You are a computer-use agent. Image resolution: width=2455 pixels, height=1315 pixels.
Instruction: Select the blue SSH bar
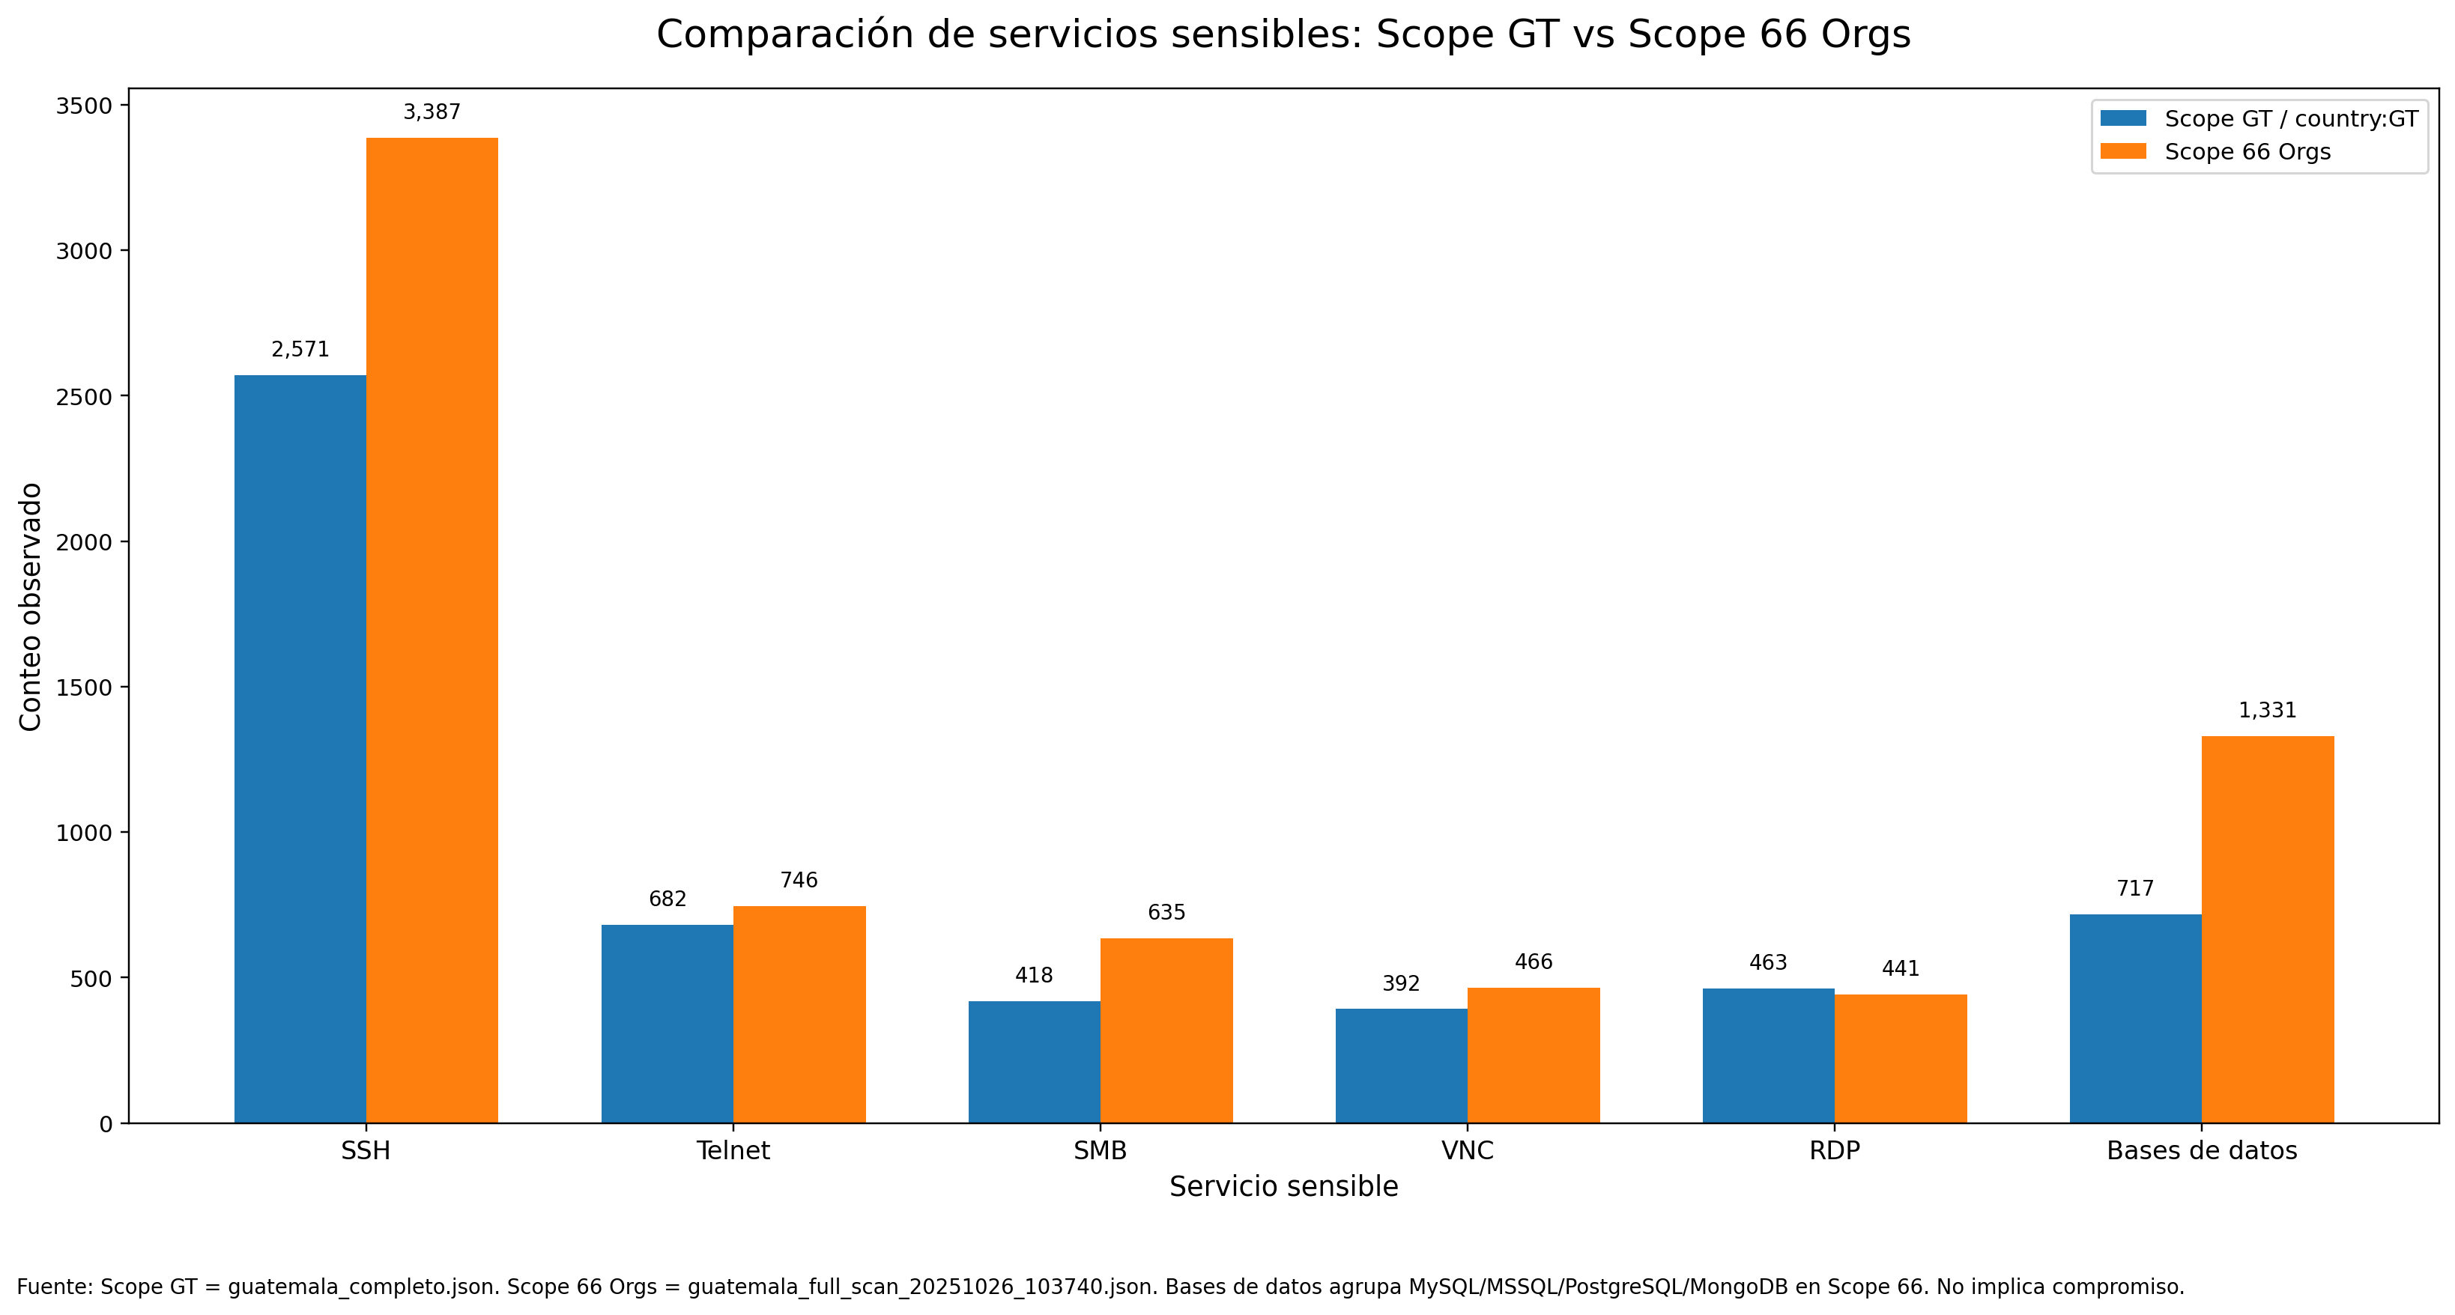[x=300, y=748]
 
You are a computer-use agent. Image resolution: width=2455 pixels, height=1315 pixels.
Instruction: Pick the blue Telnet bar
[x=667, y=1024]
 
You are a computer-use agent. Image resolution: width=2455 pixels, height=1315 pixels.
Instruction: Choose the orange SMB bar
[x=1166, y=1030]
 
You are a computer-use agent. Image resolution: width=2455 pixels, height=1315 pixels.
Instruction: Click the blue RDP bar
[x=1768, y=1055]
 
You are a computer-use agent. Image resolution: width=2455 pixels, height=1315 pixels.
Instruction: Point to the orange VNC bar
[x=1534, y=1055]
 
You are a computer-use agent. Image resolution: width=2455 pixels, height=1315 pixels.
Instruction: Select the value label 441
[x=1901, y=969]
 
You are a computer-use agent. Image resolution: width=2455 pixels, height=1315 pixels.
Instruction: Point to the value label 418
[x=1034, y=976]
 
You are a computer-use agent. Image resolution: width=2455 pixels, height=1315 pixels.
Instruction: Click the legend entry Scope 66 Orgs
[x=2246, y=153]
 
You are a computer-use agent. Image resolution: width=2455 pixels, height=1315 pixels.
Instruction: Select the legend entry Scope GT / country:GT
[x=2290, y=119]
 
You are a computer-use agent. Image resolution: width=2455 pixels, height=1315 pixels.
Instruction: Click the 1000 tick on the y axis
[x=84, y=833]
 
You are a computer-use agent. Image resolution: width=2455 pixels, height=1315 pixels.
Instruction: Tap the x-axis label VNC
[x=1468, y=1151]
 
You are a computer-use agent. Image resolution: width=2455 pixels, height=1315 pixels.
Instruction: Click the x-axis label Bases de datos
[x=2202, y=1151]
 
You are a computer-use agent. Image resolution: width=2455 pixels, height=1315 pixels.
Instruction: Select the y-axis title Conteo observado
[x=31, y=607]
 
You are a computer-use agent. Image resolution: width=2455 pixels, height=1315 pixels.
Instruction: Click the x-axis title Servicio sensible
[x=1284, y=1187]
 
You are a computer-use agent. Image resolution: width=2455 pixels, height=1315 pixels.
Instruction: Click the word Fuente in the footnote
[x=53, y=1287]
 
